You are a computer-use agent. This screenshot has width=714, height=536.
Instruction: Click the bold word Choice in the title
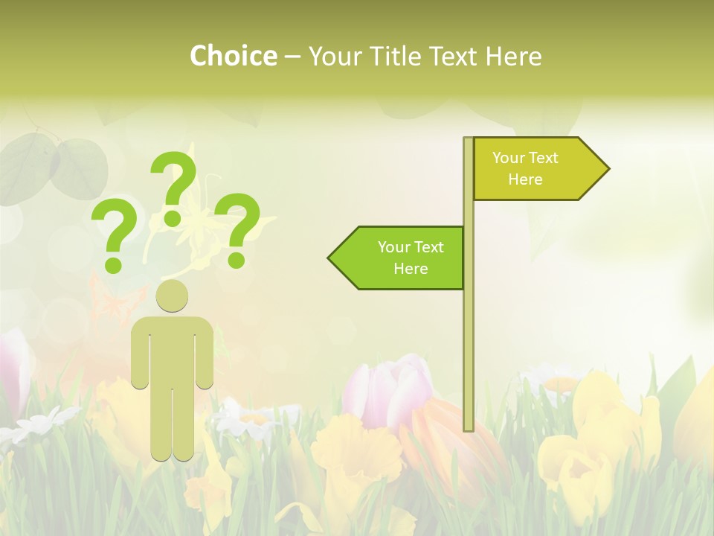click(x=233, y=56)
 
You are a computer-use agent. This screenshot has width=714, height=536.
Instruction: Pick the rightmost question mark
click(x=237, y=227)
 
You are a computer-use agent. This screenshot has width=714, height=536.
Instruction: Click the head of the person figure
click(x=172, y=296)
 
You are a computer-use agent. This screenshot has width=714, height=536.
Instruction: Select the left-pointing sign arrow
click(x=402, y=258)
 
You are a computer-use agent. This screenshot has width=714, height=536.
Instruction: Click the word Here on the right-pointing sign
click(x=525, y=179)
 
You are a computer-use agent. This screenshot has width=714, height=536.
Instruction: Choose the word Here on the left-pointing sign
click(x=411, y=269)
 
